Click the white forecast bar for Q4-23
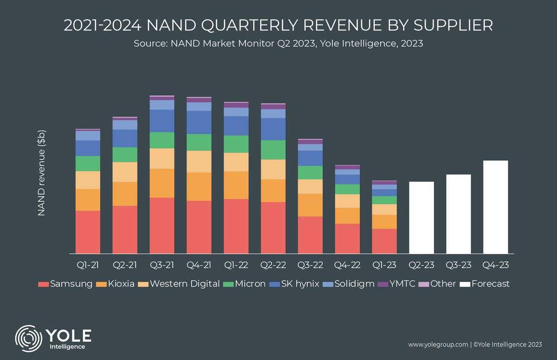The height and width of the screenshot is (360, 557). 495,207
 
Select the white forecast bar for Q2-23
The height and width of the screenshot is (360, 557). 421,217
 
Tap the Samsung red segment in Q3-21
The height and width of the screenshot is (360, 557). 162,225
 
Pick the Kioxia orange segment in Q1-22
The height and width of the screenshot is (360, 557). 236,185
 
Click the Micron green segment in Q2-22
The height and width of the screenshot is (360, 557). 273,150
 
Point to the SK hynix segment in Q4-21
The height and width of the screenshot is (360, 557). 199,122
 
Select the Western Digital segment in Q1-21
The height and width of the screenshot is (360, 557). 88,180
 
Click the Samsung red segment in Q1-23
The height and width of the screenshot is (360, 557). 384,241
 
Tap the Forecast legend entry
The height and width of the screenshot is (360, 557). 490,284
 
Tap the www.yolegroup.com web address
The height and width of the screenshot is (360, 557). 437,345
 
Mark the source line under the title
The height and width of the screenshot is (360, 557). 278,44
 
